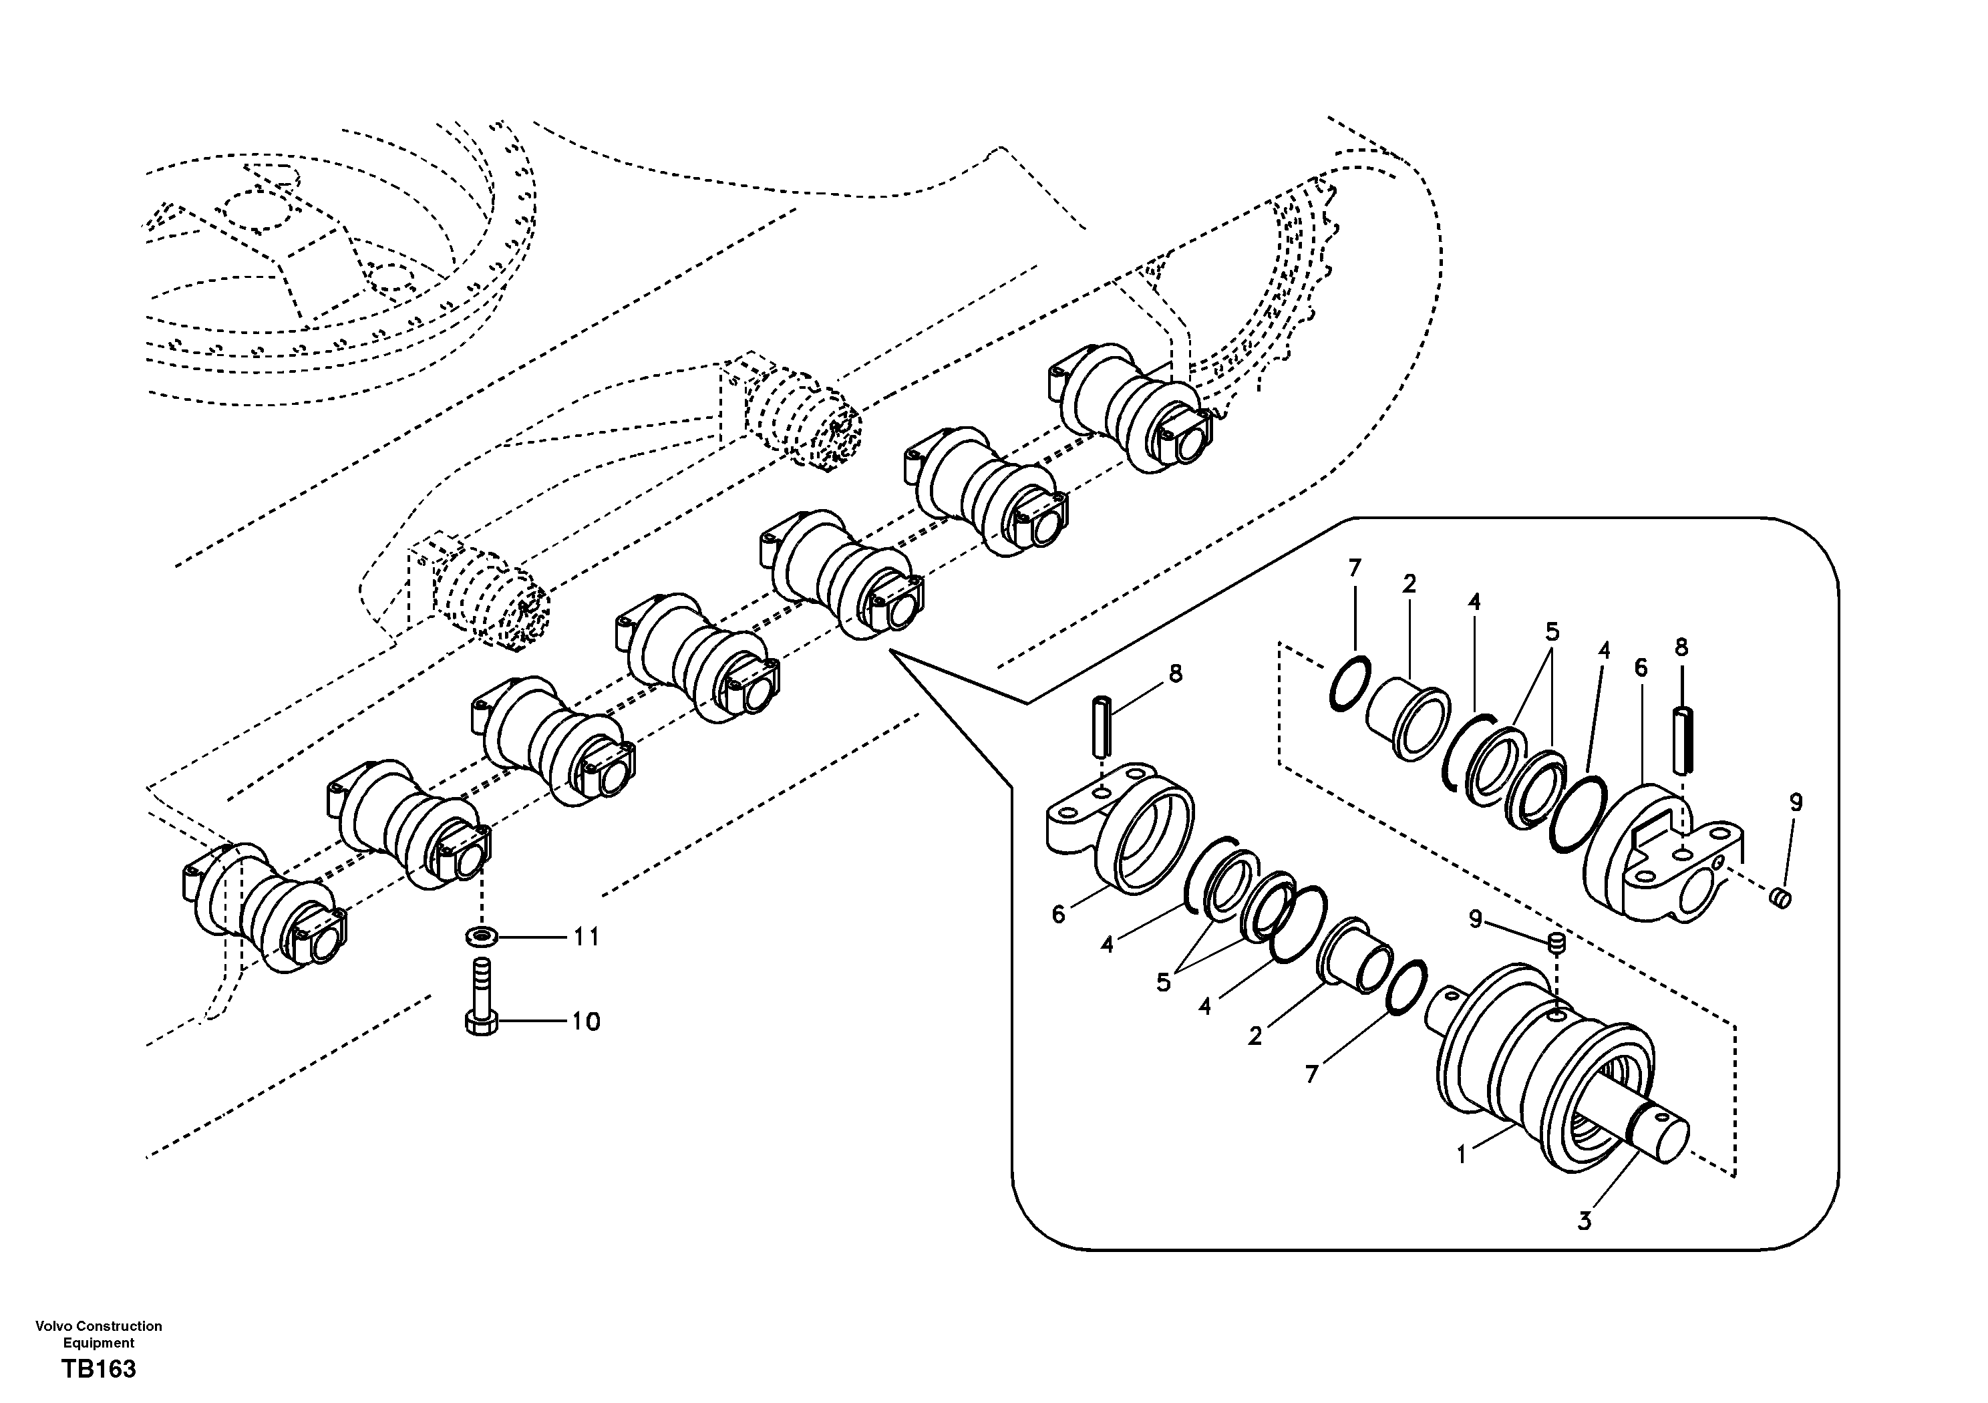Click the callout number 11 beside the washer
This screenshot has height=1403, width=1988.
[x=587, y=937]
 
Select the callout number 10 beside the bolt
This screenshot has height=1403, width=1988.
[x=585, y=1022]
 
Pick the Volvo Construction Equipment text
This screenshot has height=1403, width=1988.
[x=99, y=1334]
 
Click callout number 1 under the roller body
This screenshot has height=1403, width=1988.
[x=1461, y=1154]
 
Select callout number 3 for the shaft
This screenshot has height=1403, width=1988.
[x=1584, y=1222]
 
